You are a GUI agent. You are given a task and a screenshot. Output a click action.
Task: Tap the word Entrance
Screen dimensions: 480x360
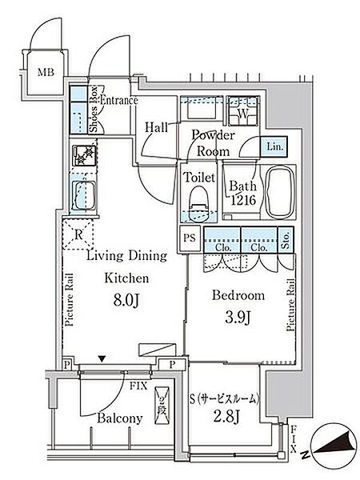[118, 101]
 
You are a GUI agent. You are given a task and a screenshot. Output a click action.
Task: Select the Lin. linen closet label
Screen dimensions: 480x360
[273, 146]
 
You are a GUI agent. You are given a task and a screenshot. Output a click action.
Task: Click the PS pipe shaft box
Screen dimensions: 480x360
[190, 238]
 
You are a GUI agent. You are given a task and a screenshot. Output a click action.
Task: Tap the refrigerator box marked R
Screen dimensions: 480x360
[79, 236]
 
